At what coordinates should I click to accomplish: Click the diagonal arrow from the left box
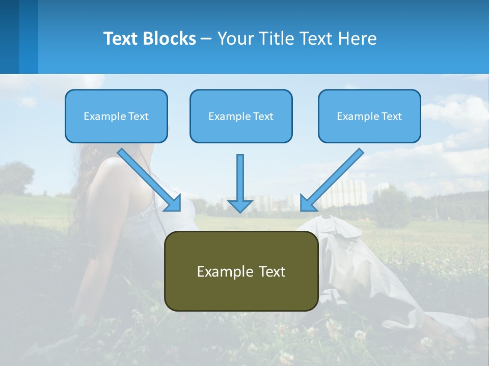(x=148, y=178)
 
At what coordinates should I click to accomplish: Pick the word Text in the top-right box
(x=391, y=116)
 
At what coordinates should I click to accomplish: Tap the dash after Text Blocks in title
(x=206, y=39)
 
